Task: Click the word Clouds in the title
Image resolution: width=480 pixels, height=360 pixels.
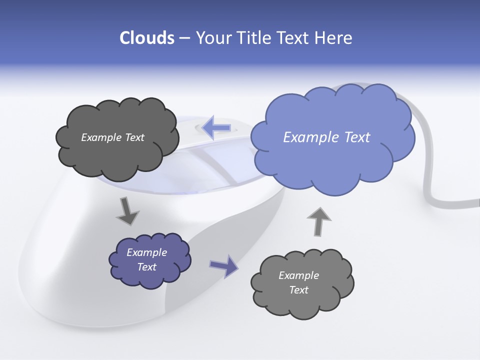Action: tap(146, 38)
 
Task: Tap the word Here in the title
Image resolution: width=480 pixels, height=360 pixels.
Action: tap(334, 38)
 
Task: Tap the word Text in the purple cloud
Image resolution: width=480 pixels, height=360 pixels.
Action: tap(147, 267)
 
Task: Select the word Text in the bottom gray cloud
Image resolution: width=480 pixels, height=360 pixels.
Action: tap(299, 290)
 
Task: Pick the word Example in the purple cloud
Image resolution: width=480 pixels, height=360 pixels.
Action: tap(147, 252)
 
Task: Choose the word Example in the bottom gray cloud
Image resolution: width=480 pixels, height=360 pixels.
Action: tap(299, 275)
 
